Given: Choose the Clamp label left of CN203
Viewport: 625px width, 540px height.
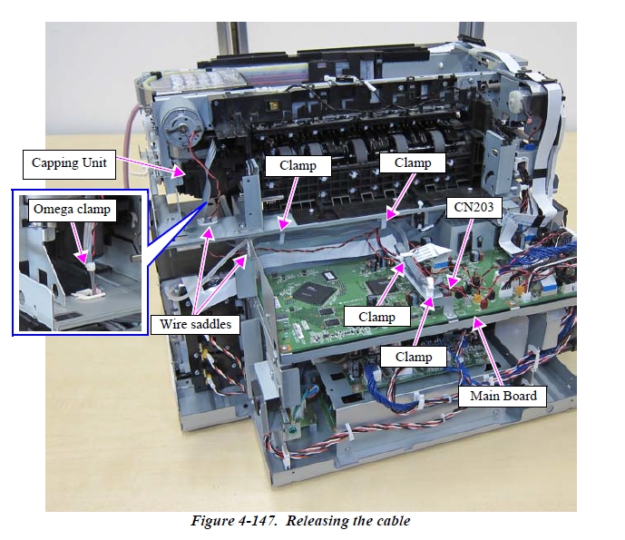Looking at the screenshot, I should pyautogui.click(x=376, y=317).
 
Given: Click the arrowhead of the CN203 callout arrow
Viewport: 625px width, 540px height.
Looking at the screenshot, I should pyautogui.click(x=450, y=290).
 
